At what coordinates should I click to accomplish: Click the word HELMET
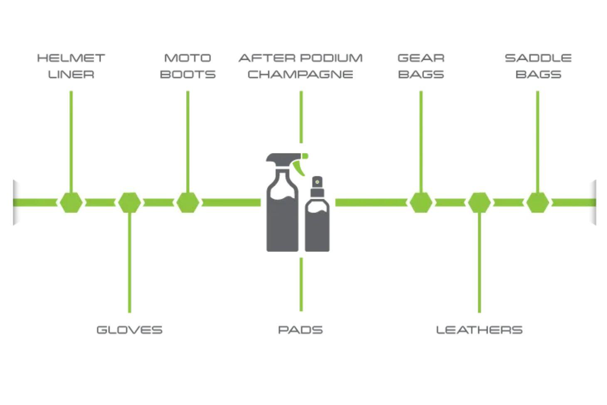[x=71, y=58]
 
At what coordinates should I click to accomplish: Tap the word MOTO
[x=188, y=58]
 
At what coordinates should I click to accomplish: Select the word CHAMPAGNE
[x=300, y=74]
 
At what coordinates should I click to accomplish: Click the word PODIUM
[x=331, y=58]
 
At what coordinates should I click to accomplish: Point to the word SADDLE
[x=538, y=58]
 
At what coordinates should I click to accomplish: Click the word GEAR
[x=421, y=58]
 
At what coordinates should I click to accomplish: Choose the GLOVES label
[x=129, y=330]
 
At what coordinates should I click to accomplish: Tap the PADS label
[x=300, y=330]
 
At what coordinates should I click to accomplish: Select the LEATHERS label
[x=479, y=330]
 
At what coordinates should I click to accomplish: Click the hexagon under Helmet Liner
[x=71, y=202]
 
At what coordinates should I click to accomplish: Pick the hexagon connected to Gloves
[x=129, y=202]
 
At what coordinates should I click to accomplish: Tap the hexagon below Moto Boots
[x=188, y=202]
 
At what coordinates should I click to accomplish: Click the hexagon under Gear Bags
[x=421, y=202]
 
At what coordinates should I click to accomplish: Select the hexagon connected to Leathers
[x=479, y=202]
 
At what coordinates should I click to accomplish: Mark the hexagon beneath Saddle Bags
[x=538, y=202]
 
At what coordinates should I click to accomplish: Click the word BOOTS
[x=188, y=74]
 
